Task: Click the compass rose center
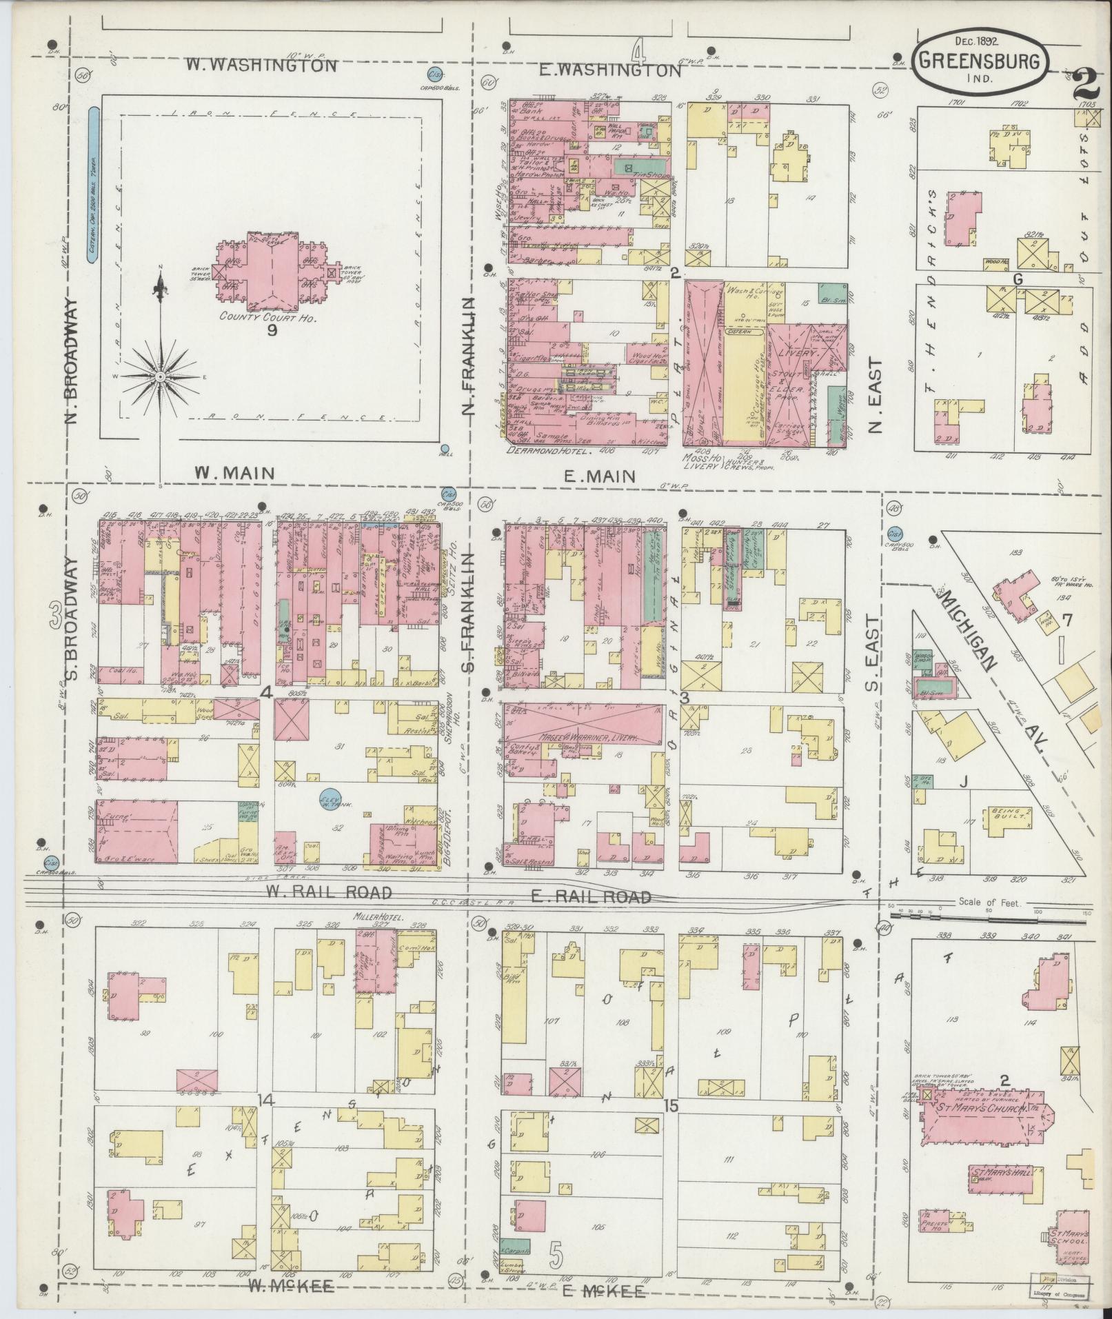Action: [x=159, y=376]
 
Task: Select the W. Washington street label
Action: [x=262, y=66]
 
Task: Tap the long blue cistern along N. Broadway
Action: [x=92, y=185]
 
